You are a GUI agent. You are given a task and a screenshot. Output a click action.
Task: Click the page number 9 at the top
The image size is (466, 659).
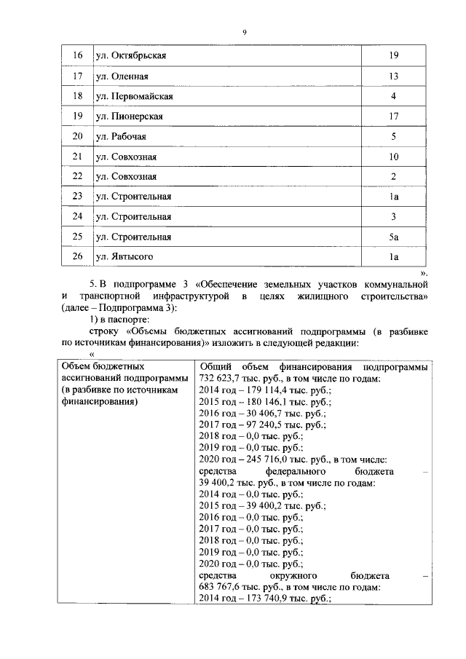click(244, 32)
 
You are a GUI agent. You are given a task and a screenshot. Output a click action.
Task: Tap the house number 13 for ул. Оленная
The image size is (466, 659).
click(392, 76)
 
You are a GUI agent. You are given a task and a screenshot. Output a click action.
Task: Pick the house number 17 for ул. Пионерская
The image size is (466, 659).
click(392, 117)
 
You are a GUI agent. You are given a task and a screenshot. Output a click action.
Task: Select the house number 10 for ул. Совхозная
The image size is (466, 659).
click(392, 157)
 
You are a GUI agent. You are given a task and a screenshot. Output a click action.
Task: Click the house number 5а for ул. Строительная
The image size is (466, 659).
click(392, 237)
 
